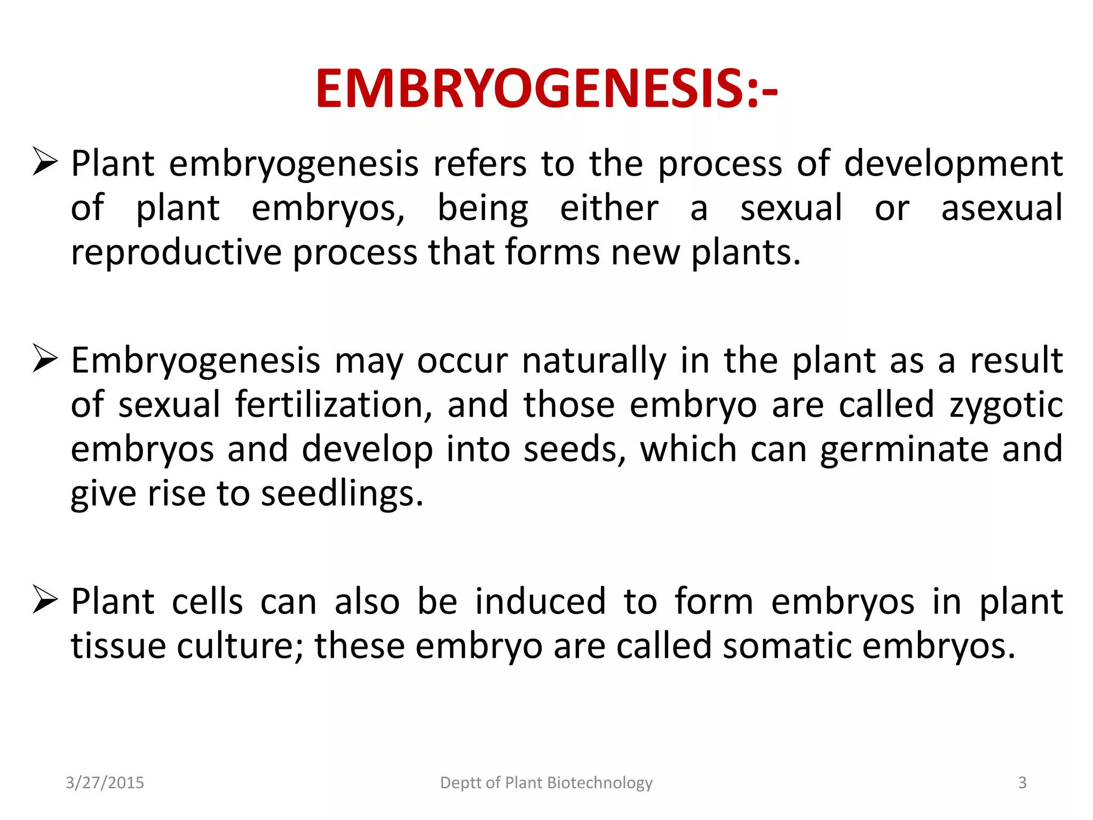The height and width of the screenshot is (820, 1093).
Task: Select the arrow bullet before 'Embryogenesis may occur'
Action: point(45,358)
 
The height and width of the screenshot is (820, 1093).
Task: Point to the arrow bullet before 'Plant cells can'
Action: point(45,599)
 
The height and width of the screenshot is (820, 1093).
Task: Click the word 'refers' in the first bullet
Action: point(480,163)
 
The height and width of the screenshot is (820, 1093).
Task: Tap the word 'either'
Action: point(609,208)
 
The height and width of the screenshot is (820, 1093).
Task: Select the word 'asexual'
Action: point(1002,208)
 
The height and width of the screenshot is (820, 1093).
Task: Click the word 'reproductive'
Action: point(176,253)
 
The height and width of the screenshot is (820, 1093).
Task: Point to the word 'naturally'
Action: point(594,361)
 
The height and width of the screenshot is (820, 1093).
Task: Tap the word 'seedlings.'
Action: point(342,494)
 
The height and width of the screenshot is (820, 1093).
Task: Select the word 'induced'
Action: point(541,602)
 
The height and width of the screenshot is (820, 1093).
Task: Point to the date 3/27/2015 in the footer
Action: point(105,783)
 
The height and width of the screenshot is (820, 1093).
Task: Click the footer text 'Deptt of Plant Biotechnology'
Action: point(546,783)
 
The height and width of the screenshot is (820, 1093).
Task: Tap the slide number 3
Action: point(1022,783)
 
